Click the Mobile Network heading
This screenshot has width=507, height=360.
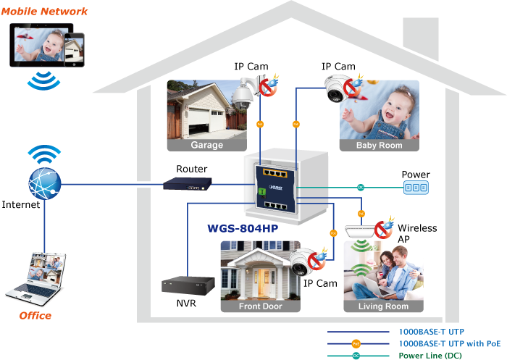click(44, 12)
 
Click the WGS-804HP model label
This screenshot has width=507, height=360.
click(243, 229)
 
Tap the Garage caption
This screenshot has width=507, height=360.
click(206, 145)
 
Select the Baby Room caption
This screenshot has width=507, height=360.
click(379, 145)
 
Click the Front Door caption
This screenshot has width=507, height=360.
click(260, 306)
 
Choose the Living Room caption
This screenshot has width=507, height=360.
click(383, 306)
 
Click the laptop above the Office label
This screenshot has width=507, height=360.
click(36, 276)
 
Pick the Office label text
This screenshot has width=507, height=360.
click(35, 316)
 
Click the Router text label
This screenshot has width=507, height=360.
click(192, 169)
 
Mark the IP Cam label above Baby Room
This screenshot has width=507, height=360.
click(338, 67)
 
